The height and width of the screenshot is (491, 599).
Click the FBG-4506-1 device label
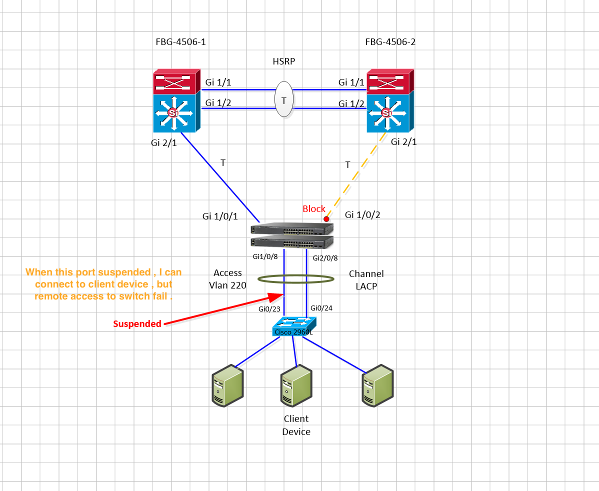tap(180, 42)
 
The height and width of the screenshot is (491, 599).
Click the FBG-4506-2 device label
tap(390, 42)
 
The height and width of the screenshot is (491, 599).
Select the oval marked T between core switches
tap(283, 100)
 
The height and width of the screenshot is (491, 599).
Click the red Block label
tap(314, 208)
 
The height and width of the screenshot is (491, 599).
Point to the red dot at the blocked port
tap(326, 219)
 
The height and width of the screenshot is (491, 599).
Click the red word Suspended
tap(137, 324)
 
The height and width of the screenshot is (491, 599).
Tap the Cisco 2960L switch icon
tap(296, 328)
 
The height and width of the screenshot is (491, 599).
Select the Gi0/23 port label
tap(268, 309)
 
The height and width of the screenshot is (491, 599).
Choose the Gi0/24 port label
tap(321, 308)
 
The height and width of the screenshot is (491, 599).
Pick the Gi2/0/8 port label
tap(325, 258)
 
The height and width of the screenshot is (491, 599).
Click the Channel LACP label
tap(366, 279)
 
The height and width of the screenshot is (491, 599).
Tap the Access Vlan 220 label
tap(227, 279)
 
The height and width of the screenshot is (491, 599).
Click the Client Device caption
tap(296, 425)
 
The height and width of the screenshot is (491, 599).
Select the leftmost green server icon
tap(227, 384)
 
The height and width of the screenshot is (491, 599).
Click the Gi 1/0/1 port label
tap(220, 216)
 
